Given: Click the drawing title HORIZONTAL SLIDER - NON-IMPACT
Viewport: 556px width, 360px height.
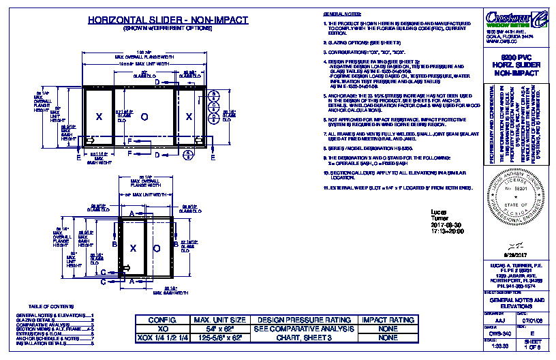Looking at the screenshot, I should click(x=167, y=20).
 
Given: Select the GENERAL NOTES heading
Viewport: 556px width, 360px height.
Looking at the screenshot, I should click(x=341, y=14).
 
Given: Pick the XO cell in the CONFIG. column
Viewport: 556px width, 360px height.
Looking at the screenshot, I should click(x=162, y=329).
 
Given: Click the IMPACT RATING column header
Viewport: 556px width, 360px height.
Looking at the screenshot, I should click(x=388, y=320).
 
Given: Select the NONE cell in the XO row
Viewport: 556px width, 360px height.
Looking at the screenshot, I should click(x=388, y=329).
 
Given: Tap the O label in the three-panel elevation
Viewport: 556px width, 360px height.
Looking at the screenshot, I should click(x=144, y=117).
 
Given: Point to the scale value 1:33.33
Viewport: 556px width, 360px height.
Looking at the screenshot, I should click(x=499, y=346).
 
